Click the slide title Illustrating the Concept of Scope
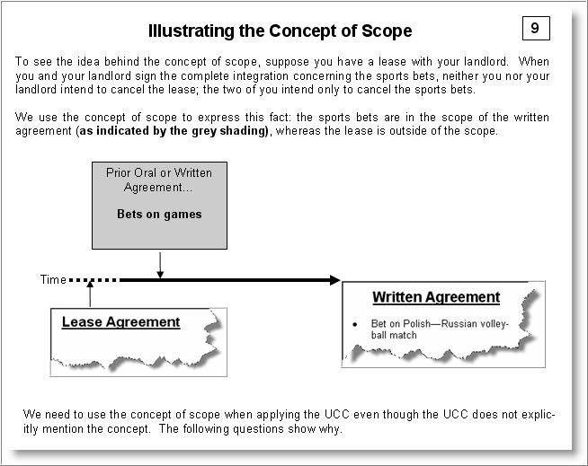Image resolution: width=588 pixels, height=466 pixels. (x=280, y=31)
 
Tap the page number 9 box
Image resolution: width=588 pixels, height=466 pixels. (x=535, y=29)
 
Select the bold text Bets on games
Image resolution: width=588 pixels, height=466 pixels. (x=159, y=215)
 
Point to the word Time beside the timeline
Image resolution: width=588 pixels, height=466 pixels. (x=53, y=280)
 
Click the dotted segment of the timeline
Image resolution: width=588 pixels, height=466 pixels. (x=94, y=280)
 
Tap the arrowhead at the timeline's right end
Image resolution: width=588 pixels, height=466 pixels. (x=334, y=280)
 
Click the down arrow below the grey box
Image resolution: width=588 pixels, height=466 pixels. (x=159, y=266)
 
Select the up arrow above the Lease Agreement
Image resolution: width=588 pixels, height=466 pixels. (x=90, y=293)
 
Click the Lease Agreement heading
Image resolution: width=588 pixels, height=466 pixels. (x=120, y=322)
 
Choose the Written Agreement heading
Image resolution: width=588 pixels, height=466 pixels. (x=436, y=297)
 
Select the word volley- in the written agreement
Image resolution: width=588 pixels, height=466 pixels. (x=490, y=323)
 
